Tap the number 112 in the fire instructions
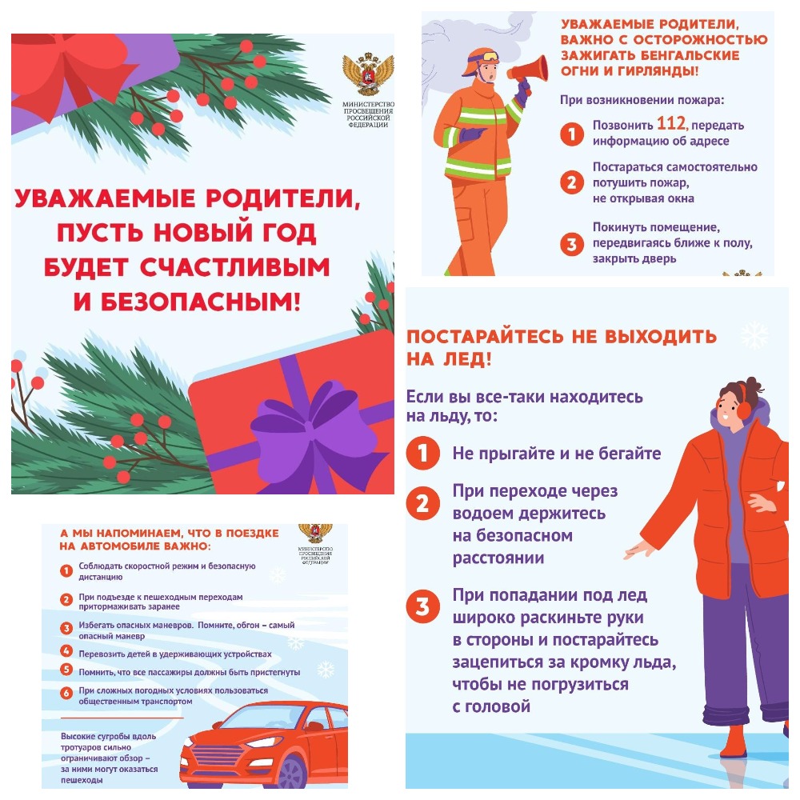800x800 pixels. point(672,123)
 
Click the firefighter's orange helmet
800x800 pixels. point(481,59)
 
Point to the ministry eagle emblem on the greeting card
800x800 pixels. point(368,74)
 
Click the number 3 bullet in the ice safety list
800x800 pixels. point(422,606)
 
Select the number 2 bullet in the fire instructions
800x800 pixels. point(571,182)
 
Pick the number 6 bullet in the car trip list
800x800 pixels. point(66,694)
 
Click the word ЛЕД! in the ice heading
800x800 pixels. point(467,360)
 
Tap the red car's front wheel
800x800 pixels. point(292,773)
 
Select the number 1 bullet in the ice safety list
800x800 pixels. point(422,453)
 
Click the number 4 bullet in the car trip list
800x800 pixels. point(66,650)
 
